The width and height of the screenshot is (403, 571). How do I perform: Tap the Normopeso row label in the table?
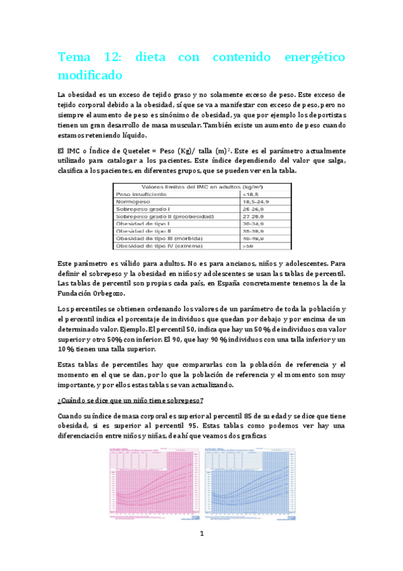(x=134, y=201)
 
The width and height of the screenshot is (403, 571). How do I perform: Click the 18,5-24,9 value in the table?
(x=258, y=201)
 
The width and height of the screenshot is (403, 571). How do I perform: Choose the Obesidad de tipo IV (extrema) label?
(x=159, y=246)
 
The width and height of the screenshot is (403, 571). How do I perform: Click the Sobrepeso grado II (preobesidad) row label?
(x=165, y=216)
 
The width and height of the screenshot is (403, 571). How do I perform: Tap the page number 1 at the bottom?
(x=201, y=534)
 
